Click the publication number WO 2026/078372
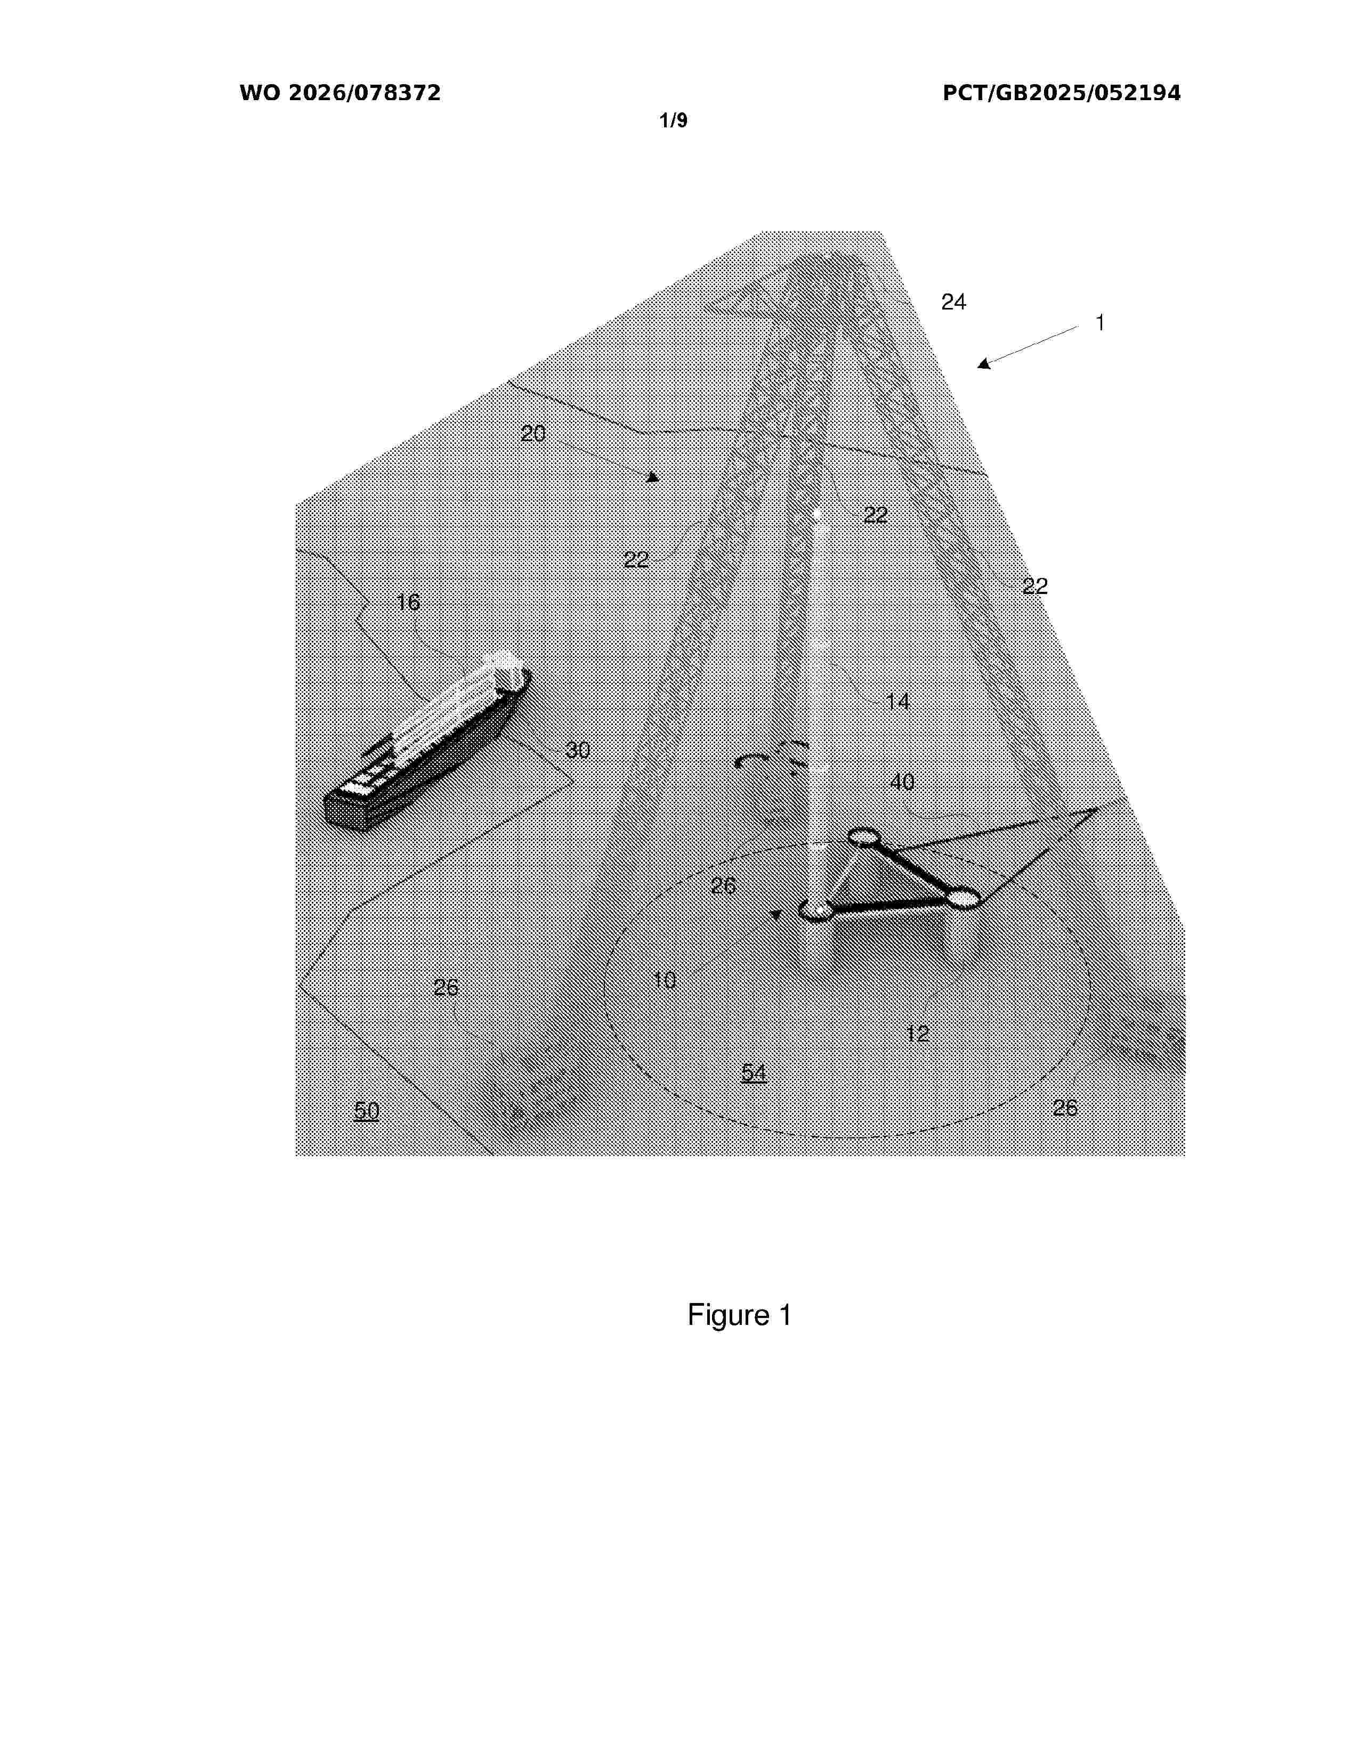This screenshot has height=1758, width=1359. point(340,93)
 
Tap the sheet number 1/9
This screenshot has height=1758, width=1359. point(673,121)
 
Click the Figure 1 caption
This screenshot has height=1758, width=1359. point(739,1314)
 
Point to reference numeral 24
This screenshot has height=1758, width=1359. point(953,302)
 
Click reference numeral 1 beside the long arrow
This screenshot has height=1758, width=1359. point(1100,323)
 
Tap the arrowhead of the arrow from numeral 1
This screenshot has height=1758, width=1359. point(984,364)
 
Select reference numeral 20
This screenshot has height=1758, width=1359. point(533,434)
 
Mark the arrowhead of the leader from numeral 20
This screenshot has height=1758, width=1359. point(653,477)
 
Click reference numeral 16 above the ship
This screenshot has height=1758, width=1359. point(408,602)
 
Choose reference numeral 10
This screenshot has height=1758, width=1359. point(664,980)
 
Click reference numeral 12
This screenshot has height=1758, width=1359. point(918,1033)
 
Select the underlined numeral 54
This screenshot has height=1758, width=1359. point(754,1073)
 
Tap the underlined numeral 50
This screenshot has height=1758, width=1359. point(366,1111)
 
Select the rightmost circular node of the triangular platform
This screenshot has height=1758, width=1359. point(961,898)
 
